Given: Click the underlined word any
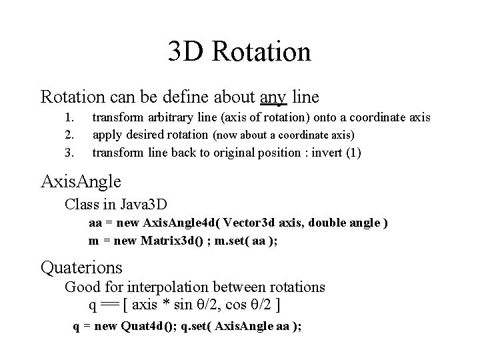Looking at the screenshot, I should click(x=273, y=97).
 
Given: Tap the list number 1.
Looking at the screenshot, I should click(x=67, y=118).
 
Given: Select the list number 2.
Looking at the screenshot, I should click(x=67, y=135).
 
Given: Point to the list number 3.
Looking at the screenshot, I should click(x=67, y=153).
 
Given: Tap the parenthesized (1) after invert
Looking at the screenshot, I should click(x=351, y=153).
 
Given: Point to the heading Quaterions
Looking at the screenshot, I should click(x=81, y=267).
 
